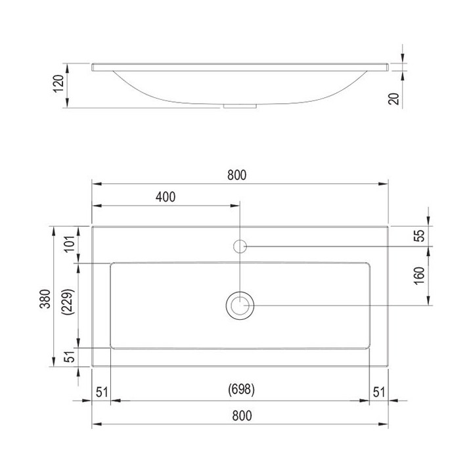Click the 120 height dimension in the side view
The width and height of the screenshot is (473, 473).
click(58, 83)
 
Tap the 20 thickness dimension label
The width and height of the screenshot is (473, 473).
click(394, 99)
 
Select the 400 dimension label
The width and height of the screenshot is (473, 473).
click(166, 197)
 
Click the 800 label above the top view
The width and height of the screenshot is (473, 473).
click(236, 175)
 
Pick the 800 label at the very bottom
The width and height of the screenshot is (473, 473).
click(242, 416)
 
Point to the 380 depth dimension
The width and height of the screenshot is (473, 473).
click(45, 299)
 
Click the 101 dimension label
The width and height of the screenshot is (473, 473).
click(70, 244)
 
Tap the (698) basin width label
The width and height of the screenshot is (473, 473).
click(241, 390)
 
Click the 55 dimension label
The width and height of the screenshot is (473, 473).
click(419, 236)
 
